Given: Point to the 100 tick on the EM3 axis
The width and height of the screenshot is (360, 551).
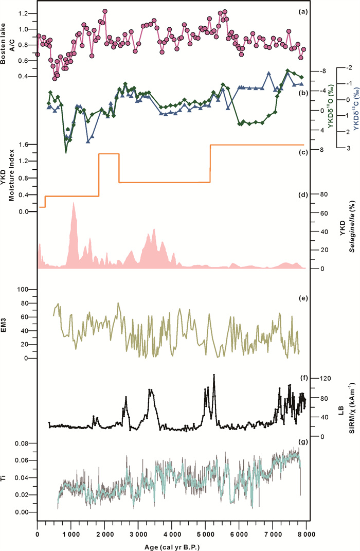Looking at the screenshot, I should [24, 290].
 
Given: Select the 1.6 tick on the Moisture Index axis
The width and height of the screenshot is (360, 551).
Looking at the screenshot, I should [25, 145].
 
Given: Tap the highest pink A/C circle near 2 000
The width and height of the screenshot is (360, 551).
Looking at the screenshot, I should [105, 11].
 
